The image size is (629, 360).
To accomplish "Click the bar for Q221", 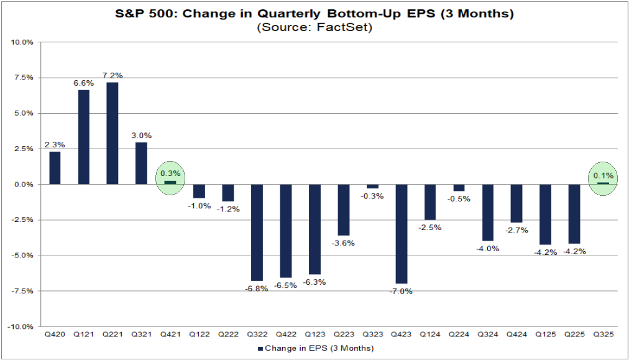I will tap(112, 133).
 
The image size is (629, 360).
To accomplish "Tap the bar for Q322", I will tap(257, 233).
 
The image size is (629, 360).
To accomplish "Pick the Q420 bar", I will tap(55, 168).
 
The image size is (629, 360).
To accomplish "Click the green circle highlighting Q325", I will tap(602, 179).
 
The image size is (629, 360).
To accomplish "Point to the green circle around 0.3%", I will tap(170, 179).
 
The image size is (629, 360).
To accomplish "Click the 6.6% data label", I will tap(83, 83).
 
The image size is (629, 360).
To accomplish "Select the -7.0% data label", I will tap(402, 291).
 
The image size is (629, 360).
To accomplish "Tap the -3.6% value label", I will tap(344, 243).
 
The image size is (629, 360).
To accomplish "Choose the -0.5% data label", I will tap(459, 199).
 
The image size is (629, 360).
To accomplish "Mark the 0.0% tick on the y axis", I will tap(23, 185).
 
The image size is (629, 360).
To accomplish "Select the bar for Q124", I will tap(430, 202).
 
